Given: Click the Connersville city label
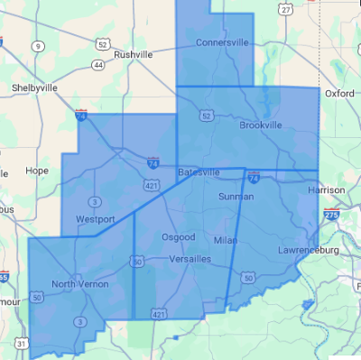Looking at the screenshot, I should tap(223, 42).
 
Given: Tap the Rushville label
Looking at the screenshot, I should tap(134, 54).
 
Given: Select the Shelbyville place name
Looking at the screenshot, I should tap(32, 88).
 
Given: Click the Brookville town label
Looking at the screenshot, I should tap(262, 125).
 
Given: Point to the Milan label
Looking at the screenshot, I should tap(225, 241).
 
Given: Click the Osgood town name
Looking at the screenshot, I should tap(177, 236).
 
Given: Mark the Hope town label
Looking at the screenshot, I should tap(37, 170).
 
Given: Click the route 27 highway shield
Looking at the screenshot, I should tap(286, 9).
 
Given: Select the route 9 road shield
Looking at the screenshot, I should tap(36, 45).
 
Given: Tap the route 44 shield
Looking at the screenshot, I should tap(98, 64).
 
